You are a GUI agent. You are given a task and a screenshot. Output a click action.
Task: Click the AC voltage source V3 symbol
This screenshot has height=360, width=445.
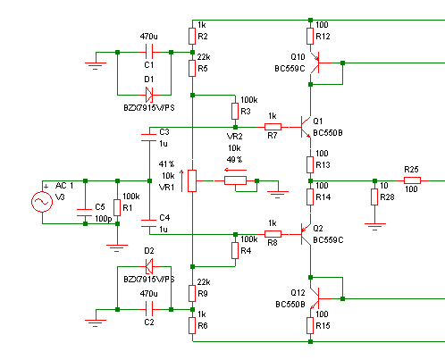point(42,202)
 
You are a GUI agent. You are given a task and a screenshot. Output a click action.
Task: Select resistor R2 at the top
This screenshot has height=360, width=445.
point(192,36)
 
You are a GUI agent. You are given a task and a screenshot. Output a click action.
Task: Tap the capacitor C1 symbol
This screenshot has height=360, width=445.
point(149,52)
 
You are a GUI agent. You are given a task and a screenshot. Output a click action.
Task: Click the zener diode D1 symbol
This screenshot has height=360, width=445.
point(149,95)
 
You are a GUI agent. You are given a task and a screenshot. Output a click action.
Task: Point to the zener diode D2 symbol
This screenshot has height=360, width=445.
point(149,266)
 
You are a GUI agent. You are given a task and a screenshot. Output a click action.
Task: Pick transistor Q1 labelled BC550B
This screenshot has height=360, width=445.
point(306,127)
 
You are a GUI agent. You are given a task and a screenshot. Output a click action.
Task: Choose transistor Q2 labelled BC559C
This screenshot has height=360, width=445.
point(306,234)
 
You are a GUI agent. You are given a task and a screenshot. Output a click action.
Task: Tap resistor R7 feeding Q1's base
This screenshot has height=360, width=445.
point(273,127)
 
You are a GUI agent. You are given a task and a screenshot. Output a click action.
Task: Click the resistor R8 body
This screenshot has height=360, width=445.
point(273,234)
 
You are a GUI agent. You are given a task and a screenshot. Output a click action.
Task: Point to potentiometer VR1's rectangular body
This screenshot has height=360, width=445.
point(192,180)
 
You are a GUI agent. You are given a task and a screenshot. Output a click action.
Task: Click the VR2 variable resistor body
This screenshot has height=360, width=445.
point(235,180)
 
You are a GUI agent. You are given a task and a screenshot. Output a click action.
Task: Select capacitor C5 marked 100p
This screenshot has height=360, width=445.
point(85,213)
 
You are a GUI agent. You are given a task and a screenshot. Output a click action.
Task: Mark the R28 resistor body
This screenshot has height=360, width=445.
point(374,197)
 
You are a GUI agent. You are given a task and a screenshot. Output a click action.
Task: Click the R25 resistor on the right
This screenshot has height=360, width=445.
point(412,180)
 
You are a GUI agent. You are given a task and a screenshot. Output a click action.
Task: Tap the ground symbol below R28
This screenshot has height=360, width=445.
point(374,226)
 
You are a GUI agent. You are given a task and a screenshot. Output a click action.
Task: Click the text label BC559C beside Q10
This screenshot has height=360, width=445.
point(290,69)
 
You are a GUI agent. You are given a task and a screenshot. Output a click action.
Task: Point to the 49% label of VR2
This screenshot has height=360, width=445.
point(234,160)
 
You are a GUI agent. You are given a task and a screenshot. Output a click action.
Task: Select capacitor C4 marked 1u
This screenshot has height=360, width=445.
point(148,223)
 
